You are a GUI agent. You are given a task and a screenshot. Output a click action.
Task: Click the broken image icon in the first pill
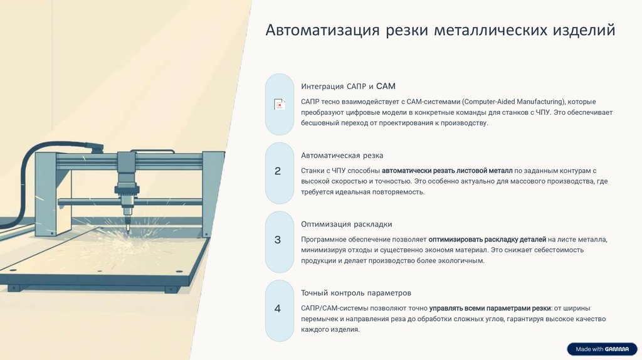(280, 105)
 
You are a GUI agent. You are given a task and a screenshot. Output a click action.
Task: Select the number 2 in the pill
(278, 171)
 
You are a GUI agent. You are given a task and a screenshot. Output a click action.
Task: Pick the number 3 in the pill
(278, 240)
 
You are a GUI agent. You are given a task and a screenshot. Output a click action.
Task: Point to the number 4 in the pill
(278, 309)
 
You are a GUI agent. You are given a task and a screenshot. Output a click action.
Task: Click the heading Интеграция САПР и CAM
(348, 86)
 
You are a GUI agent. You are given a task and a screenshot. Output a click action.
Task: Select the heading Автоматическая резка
(342, 155)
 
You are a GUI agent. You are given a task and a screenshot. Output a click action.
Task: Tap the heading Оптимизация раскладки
(346, 224)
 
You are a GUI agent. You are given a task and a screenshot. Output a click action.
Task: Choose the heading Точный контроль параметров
(355, 293)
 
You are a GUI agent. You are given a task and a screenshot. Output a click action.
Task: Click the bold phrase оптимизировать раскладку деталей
(487, 240)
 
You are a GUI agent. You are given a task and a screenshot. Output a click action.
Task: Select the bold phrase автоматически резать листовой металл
(447, 171)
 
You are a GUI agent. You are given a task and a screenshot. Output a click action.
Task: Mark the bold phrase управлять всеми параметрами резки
(490, 309)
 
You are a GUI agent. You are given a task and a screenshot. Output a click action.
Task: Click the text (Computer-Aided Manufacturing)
(513, 102)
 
